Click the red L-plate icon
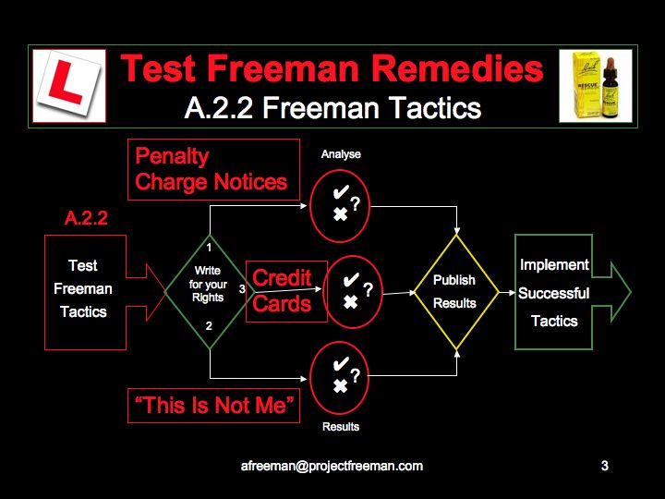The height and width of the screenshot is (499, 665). tap(69, 86)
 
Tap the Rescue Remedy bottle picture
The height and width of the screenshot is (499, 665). tap(596, 86)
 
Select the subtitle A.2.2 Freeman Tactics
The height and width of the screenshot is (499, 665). tap(332, 108)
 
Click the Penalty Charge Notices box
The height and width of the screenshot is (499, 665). tap(213, 169)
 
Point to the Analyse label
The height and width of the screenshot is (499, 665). tap(341, 154)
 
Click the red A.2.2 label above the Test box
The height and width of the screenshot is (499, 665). tap(86, 218)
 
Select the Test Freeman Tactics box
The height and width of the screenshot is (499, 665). tap(85, 292)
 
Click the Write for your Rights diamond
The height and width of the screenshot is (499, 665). tap(210, 292)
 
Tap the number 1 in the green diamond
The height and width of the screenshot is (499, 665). tap(209, 247)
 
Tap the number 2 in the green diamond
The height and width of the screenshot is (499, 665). tap(209, 326)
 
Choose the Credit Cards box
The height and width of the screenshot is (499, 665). tap(286, 291)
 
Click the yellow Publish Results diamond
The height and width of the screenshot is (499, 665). tap(456, 292)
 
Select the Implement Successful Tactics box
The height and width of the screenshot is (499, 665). tap(553, 292)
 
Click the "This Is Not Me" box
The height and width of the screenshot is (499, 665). tap(213, 406)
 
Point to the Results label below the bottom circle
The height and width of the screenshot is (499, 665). tap(341, 426)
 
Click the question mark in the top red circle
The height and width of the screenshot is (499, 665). tap(356, 204)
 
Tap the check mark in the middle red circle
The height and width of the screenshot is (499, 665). tap(351, 280)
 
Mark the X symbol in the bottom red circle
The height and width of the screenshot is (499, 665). tap(340, 385)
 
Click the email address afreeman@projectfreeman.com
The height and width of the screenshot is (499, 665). tap(332, 466)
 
